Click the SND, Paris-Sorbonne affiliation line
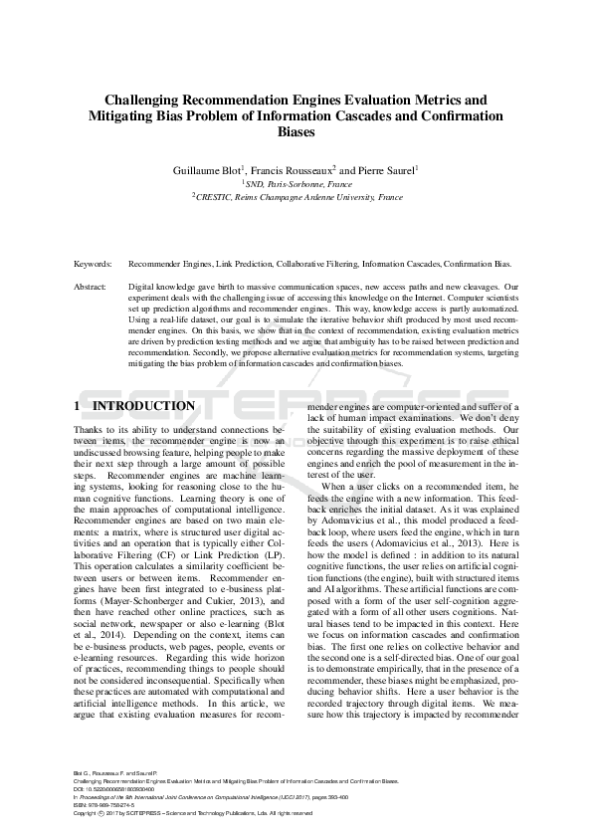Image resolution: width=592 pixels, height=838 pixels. pos(296,184)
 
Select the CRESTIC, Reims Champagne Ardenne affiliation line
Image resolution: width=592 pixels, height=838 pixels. pos(296,198)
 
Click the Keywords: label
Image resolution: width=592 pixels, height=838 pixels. pos(93,265)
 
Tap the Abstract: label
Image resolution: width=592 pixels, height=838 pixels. pos(91,287)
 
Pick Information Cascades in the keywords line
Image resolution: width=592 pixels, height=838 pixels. pos(396,265)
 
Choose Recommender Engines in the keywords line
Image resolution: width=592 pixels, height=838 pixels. pos(164,265)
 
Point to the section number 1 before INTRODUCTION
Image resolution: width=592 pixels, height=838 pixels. pos(78,407)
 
